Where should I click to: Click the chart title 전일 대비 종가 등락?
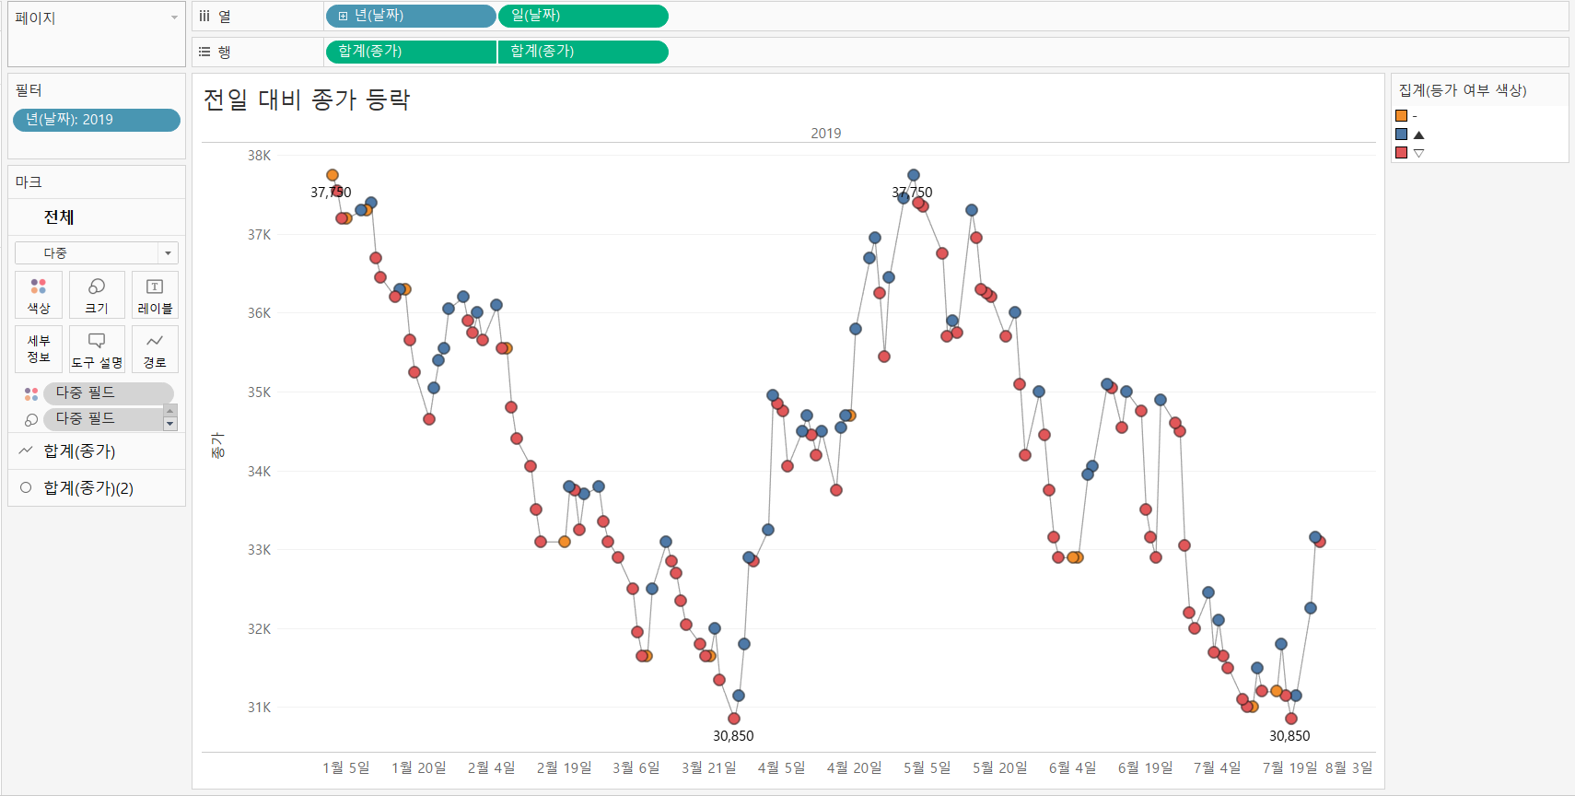point(306,99)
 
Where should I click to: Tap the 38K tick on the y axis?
point(259,156)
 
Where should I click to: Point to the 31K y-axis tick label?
point(259,708)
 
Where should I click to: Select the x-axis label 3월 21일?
point(708,767)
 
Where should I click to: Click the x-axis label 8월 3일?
point(1348,767)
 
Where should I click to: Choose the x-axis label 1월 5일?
point(345,767)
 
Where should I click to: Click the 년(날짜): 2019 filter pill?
point(96,120)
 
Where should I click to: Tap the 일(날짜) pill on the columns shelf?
point(583,16)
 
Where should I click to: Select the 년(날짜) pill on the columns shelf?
point(411,16)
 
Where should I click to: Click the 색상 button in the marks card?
point(39,295)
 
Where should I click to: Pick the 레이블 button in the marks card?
point(155,295)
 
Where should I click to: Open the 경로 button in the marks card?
point(155,349)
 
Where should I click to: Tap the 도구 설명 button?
point(97,349)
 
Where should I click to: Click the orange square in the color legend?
point(1401,116)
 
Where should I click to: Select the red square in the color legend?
point(1401,153)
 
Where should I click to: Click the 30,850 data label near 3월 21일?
point(733,736)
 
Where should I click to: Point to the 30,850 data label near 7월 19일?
point(1289,736)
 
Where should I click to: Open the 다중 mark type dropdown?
point(97,252)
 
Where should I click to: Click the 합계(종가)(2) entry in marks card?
point(88,488)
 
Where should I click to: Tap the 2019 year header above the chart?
point(825,134)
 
